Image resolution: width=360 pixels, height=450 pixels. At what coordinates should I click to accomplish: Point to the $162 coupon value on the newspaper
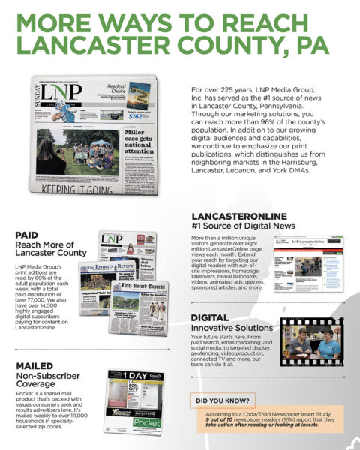136,115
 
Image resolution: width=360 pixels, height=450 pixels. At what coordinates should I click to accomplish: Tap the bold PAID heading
27,235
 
